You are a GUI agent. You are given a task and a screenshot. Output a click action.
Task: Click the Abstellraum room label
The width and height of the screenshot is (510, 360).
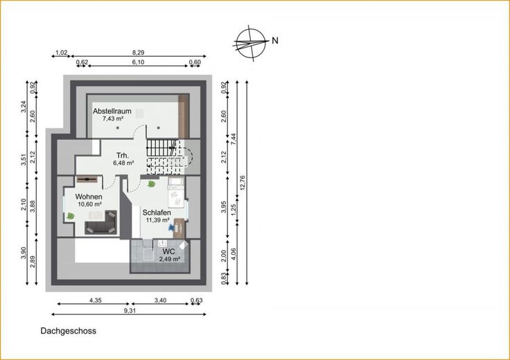click(x=112, y=111)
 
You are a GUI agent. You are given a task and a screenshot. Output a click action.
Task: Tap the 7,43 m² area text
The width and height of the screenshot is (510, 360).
click(x=112, y=119)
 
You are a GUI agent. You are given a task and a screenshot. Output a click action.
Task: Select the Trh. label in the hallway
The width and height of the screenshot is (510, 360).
click(x=123, y=155)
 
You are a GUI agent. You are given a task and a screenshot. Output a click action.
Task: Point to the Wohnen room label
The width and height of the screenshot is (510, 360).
click(x=89, y=197)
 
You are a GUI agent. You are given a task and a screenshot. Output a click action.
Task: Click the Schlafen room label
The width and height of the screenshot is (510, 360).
click(x=157, y=213)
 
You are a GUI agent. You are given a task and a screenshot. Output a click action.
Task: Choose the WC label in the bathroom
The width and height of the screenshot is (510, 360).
click(x=169, y=251)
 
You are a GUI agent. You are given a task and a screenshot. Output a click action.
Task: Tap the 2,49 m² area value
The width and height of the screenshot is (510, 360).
click(x=170, y=260)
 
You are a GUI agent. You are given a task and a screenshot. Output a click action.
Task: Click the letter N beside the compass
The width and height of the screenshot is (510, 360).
click(x=275, y=41)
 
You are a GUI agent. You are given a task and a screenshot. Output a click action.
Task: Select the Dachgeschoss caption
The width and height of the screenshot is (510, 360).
click(x=69, y=331)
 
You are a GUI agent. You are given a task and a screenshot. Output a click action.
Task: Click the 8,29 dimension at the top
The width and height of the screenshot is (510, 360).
click(x=138, y=53)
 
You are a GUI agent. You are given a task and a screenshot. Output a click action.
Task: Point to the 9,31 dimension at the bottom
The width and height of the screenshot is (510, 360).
click(x=130, y=310)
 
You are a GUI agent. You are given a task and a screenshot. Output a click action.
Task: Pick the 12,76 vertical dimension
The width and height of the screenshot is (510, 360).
click(x=243, y=182)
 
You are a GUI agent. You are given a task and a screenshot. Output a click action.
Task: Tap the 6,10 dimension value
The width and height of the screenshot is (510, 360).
click(x=138, y=62)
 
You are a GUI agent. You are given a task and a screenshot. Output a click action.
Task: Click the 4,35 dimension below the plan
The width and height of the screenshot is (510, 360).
click(x=96, y=300)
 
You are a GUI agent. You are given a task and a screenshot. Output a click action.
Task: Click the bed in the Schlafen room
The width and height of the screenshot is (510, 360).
click(x=176, y=192)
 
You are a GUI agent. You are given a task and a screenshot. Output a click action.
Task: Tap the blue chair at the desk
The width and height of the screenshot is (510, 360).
click(x=171, y=228)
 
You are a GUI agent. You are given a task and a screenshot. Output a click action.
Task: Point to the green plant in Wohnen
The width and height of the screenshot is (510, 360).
click(x=70, y=215)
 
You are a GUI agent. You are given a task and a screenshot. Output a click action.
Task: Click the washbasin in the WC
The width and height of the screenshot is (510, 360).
click(x=162, y=244)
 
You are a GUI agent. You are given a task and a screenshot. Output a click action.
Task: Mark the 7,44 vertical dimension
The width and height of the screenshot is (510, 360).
click(x=233, y=139)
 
